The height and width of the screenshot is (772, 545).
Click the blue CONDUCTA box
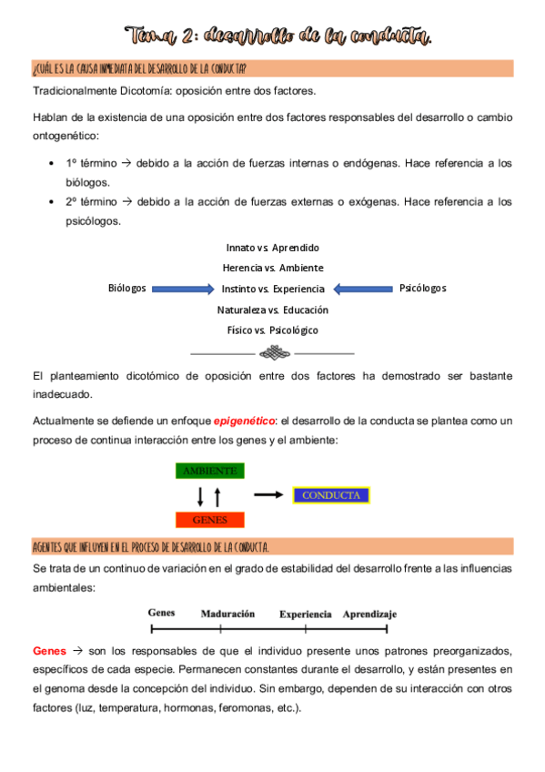[x=331, y=495]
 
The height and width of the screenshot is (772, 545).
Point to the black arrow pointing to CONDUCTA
[x=267, y=495]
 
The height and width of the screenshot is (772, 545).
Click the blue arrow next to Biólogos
[x=182, y=289]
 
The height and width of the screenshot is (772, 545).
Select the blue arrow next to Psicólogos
[x=362, y=289]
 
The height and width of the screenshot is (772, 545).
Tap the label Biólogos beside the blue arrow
[x=126, y=289]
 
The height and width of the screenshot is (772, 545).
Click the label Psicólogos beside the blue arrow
[x=423, y=289]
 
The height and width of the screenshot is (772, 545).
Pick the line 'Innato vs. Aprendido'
[x=273, y=248]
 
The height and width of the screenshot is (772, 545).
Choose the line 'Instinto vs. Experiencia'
[x=273, y=289]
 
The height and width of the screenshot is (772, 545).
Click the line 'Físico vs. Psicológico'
[x=273, y=330]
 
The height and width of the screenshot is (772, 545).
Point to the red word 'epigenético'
[x=244, y=422]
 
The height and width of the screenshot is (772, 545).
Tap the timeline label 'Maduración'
[x=227, y=614]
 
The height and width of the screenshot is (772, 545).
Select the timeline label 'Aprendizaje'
[x=369, y=614]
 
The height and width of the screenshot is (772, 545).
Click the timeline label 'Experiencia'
[x=306, y=614]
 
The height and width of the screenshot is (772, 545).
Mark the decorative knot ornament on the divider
[x=273, y=352]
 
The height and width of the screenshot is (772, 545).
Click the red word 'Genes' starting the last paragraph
[x=49, y=652]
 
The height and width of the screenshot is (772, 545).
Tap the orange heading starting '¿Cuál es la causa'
[x=138, y=68]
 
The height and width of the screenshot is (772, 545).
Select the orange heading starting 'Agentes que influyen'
[x=150, y=546]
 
